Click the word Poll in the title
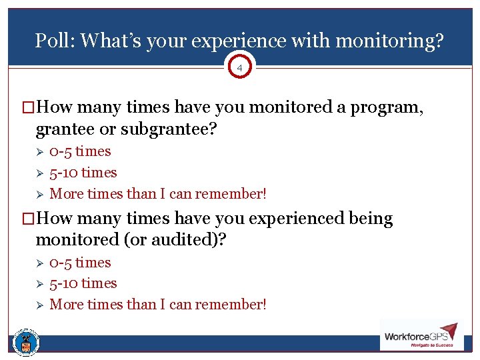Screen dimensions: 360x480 click(52, 41)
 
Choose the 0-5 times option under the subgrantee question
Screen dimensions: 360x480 click(80, 151)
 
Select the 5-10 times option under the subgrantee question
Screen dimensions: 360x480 click(83, 173)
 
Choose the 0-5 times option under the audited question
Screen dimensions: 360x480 click(80, 263)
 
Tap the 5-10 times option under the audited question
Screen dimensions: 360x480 click(83, 283)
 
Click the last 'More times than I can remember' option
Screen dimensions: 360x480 click(158, 305)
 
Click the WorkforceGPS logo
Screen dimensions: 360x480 click(421, 336)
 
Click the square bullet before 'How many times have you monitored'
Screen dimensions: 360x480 click(29, 107)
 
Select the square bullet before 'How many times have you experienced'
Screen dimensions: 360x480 click(29, 219)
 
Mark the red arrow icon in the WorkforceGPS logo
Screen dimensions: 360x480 click(448, 331)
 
